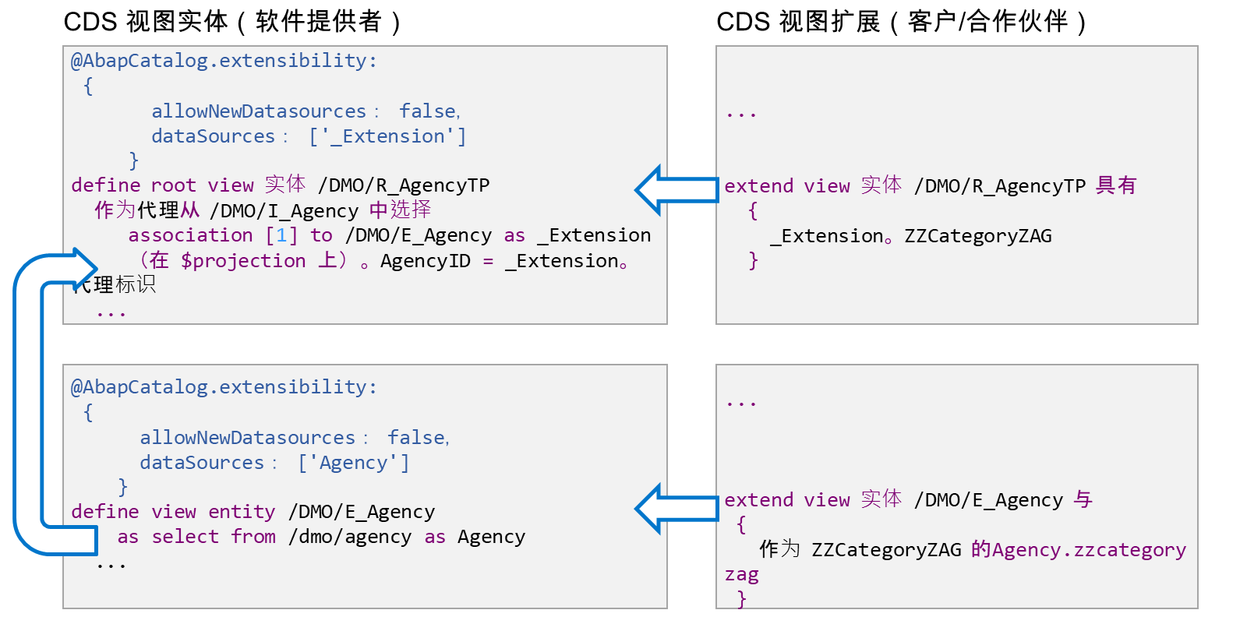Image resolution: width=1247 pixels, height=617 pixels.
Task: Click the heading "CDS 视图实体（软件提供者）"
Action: pyautogui.click(x=233, y=23)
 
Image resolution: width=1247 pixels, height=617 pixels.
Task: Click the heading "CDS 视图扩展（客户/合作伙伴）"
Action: pyautogui.click(x=902, y=23)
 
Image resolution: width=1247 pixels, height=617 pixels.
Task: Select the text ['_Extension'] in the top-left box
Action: pyautogui.click(x=387, y=136)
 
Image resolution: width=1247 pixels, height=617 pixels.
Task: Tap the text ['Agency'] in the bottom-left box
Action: pyautogui.click(x=354, y=463)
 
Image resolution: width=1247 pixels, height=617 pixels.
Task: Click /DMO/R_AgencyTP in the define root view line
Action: pyautogui.click(x=404, y=185)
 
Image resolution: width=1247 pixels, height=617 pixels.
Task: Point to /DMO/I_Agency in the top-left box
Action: pyautogui.click(x=284, y=211)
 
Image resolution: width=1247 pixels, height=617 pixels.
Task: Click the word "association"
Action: pyautogui.click(x=190, y=235)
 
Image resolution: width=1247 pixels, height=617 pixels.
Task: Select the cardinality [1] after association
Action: pyautogui.click(x=281, y=235)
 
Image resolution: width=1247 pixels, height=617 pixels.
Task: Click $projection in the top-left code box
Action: pyautogui.click(x=243, y=261)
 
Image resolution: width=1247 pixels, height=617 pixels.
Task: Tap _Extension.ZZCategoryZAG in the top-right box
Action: pyautogui.click(x=911, y=237)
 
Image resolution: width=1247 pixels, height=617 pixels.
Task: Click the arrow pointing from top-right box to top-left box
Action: pyautogui.click(x=676, y=190)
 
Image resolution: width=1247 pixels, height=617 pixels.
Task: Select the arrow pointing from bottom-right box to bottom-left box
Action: pyautogui.click(x=676, y=509)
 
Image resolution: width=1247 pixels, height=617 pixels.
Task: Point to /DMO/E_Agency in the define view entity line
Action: pyautogui.click(x=362, y=512)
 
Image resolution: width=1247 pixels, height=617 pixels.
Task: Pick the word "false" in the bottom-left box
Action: pyautogui.click(x=417, y=438)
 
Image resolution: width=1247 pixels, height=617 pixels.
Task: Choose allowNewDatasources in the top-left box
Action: pyautogui.click(x=259, y=111)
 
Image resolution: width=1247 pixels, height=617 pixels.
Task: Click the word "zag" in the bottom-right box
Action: pyautogui.click(x=741, y=575)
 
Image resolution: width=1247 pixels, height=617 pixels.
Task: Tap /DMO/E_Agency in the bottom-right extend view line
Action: pyautogui.click(x=989, y=500)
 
